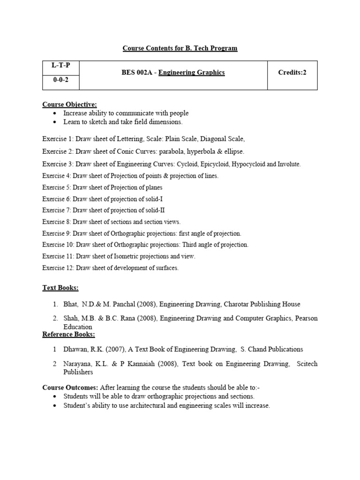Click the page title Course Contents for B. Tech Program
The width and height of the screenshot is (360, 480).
(x=180, y=48)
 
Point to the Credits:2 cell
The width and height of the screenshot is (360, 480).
(x=292, y=73)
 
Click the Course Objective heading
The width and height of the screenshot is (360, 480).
(x=69, y=104)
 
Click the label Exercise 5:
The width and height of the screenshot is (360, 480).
(x=58, y=187)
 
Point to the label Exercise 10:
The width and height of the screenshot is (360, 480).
(x=59, y=245)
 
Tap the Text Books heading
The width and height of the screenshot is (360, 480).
(x=60, y=287)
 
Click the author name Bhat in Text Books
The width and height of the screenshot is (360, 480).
(x=70, y=304)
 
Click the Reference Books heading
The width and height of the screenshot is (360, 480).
(x=68, y=334)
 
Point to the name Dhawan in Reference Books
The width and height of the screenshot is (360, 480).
(x=75, y=349)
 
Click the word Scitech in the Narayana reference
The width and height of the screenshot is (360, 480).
(x=307, y=364)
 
